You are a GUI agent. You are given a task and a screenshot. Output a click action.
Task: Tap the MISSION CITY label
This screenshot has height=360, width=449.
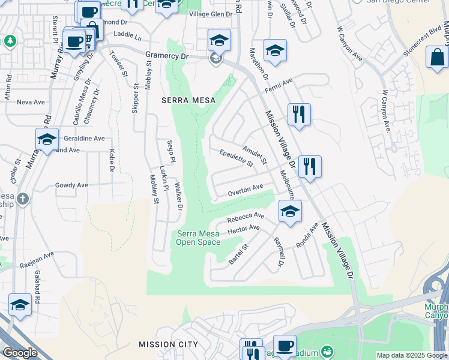pyautogui.click(x=168, y=344)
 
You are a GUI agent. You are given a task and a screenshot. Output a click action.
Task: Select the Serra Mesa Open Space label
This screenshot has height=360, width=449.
pyautogui.click(x=198, y=238)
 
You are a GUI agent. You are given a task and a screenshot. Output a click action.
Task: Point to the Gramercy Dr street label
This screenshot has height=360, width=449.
pyautogui.click(x=167, y=56)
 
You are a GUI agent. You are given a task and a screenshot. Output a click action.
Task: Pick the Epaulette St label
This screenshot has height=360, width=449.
pyautogui.click(x=237, y=157)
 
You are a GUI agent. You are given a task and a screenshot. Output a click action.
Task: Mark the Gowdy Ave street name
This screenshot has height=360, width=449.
pyautogui.click(x=71, y=185)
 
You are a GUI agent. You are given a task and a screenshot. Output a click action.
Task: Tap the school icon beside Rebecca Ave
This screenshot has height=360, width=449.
pyautogui.click(x=290, y=211)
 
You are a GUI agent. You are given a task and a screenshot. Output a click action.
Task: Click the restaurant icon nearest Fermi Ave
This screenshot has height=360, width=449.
pyautogui.click(x=299, y=113)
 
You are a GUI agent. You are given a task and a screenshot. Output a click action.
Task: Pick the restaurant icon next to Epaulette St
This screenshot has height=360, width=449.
pyautogui.click(x=310, y=166)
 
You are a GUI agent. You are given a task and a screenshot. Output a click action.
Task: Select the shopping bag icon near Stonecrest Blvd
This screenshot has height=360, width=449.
pyautogui.click(x=437, y=58)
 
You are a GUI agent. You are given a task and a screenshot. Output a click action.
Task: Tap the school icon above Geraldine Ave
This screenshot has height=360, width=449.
pyautogui.click(x=47, y=139)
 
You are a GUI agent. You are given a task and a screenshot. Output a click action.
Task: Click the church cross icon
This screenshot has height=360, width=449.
pyautogui.click(x=22, y=199)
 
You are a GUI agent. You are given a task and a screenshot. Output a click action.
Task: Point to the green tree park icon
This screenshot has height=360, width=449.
pyautogui.click(x=10, y=41)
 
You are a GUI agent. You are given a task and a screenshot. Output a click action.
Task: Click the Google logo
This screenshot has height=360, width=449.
pyautogui.click(x=20, y=353)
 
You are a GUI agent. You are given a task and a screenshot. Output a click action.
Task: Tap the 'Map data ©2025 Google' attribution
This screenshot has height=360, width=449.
pyautogui.click(x=412, y=355)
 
